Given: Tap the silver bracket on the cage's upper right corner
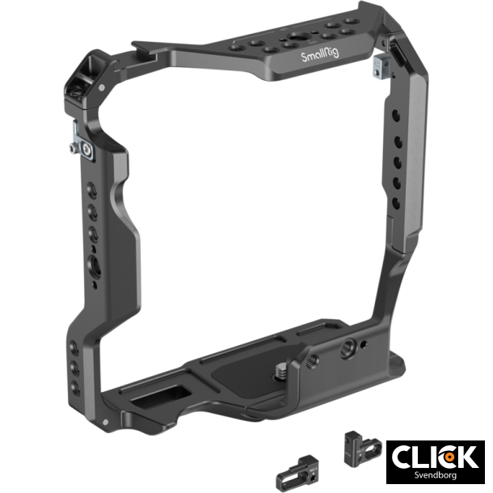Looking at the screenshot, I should coord(377,67).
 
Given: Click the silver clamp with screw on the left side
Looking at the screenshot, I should coord(79,149).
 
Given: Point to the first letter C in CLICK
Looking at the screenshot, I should coord(402,457).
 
